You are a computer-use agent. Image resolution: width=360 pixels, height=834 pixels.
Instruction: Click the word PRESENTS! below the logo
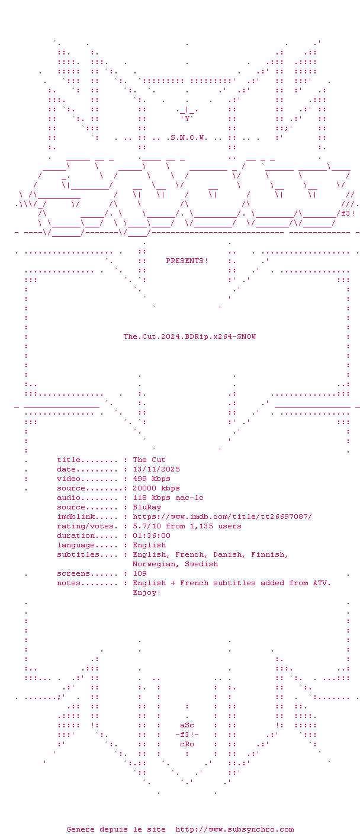coord(187,261)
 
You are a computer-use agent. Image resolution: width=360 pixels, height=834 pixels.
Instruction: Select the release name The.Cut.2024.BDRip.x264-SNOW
coord(189,336)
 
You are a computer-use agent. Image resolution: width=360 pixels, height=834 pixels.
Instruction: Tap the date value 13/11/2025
coord(156,469)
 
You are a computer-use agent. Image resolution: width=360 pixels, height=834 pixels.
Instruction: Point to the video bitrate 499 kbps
coord(152,479)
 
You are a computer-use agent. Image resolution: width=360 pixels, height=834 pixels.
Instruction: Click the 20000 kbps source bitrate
coord(156,488)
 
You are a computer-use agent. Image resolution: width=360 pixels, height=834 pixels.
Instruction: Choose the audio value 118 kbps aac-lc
coord(168,498)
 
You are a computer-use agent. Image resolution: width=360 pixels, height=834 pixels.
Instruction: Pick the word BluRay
coord(147,507)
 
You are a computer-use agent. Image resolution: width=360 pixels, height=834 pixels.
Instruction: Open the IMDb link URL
coord(223,517)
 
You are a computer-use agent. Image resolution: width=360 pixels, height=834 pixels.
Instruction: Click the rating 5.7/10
coord(147,526)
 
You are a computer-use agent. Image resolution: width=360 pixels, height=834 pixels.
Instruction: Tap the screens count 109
coord(140,573)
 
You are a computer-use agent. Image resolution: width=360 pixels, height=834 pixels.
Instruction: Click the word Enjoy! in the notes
coord(147,592)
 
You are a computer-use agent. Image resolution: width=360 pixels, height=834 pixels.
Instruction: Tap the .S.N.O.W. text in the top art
coord(187,138)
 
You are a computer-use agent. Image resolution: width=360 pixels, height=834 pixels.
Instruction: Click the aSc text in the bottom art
coord(187,725)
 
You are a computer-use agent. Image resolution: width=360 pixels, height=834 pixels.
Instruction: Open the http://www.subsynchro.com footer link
coord(234,829)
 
